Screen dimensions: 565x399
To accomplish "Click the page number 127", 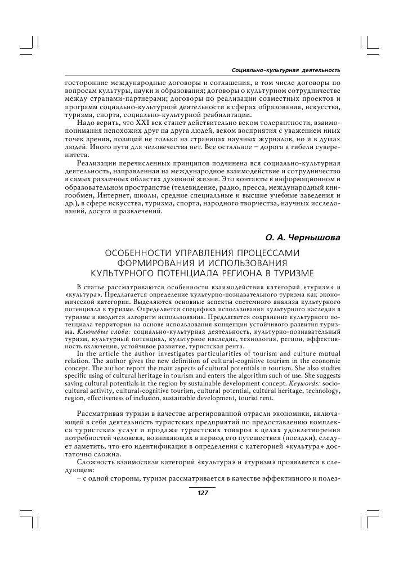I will (x=203, y=492).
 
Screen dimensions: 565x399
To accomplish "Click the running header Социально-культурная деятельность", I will (x=286, y=70).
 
